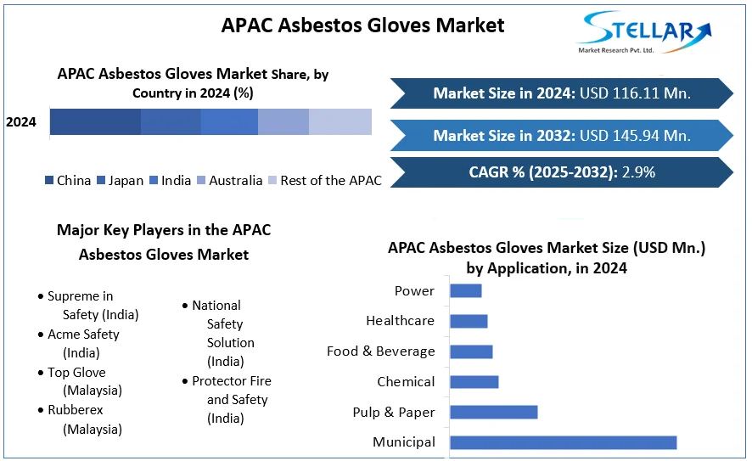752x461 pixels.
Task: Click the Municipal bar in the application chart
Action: pyautogui.click(x=563, y=443)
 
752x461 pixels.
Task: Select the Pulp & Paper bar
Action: pyautogui.click(x=493, y=412)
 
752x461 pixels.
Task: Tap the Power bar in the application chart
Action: pyautogui.click(x=466, y=290)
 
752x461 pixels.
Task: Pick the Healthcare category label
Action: pyautogui.click(x=400, y=320)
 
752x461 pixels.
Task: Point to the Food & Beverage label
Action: pyautogui.click(x=381, y=351)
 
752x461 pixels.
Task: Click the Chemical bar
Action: pyautogui.click(x=474, y=382)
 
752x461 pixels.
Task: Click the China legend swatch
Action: pyautogui.click(x=49, y=180)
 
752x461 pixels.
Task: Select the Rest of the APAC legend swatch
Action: pyautogui.click(x=272, y=180)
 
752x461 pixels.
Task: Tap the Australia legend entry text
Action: pyautogui.click(x=235, y=180)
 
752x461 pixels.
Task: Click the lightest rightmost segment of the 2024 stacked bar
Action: pyautogui.click(x=340, y=122)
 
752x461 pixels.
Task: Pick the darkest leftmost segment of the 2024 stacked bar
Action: pyautogui.click(x=95, y=122)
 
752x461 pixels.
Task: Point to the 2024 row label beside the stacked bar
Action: pyautogui.click(x=21, y=122)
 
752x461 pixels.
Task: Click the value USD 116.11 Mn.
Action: pyautogui.click(x=635, y=93)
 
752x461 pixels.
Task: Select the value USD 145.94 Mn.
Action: pyautogui.click(x=635, y=136)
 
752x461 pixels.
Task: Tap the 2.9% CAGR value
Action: pyautogui.click(x=638, y=172)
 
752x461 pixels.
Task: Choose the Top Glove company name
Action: pyautogui.click(x=76, y=372)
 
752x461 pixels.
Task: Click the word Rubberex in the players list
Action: pyautogui.click(x=76, y=410)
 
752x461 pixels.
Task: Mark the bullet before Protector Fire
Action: pyautogui.click(x=185, y=381)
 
